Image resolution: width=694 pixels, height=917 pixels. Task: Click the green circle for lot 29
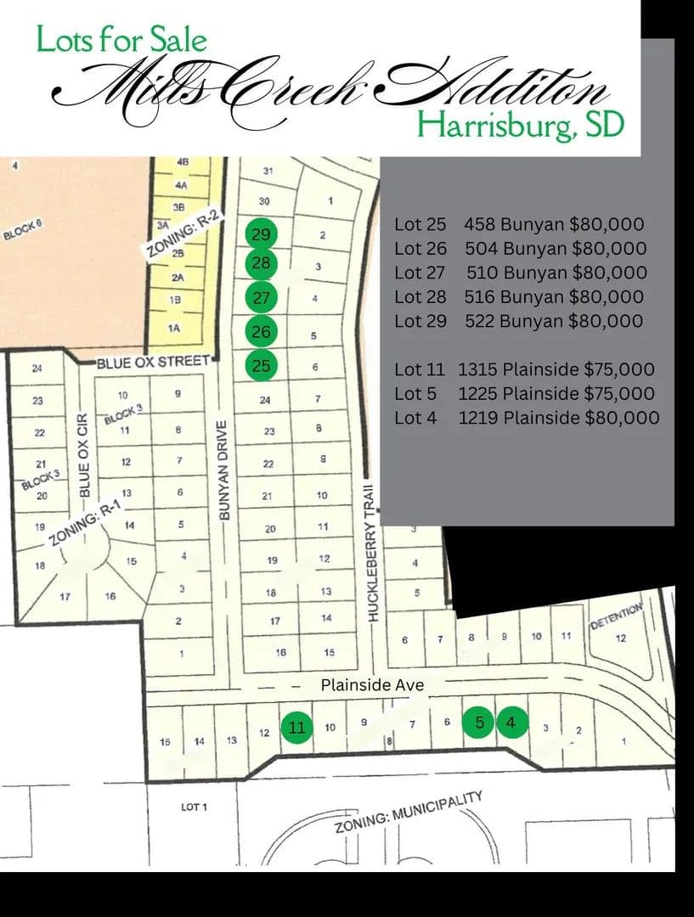point(261,233)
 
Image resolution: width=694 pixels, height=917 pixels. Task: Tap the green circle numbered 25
point(261,366)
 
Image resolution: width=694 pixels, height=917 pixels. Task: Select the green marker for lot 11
point(296,727)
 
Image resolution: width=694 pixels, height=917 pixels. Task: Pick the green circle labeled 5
point(479,722)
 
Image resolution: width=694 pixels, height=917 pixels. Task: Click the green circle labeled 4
point(511,722)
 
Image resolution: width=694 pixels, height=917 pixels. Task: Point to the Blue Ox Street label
point(152,363)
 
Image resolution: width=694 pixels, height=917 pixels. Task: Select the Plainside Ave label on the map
point(372,684)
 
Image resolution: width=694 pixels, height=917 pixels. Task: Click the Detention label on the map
point(618,617)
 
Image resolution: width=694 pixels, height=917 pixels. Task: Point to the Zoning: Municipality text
point(409,813)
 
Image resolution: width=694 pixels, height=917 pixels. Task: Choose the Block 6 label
point(22,229)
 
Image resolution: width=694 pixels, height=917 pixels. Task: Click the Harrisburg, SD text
point(521,124)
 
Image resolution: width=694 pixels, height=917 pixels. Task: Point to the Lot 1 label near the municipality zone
point(195,806)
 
